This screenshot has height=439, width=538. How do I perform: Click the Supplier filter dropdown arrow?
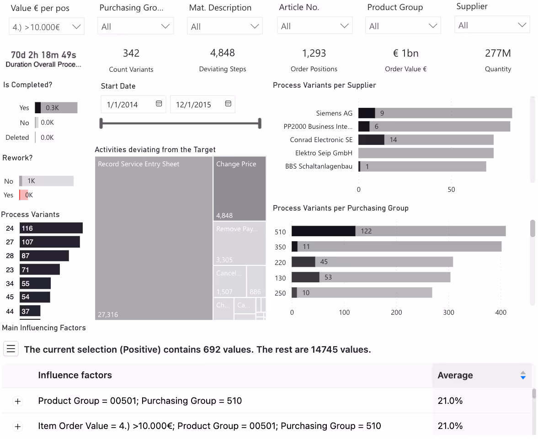coord(522,25)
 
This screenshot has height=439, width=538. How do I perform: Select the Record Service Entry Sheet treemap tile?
coord(154,238)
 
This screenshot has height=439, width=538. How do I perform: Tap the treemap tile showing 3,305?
coord(240,243)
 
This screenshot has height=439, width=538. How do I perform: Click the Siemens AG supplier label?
coord(335,113)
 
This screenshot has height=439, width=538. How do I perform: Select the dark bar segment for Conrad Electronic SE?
coord(371,140)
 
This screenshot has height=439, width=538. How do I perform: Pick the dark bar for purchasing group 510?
coord(323,231)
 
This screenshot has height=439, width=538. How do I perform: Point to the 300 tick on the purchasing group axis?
coord(449,312)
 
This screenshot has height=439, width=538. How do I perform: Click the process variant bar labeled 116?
coord(51,228)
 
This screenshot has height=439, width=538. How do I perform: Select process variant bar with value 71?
coord(39,270)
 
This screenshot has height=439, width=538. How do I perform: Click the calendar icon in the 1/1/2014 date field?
coord(159,104)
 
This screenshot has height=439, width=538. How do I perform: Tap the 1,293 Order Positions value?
coord(314,53)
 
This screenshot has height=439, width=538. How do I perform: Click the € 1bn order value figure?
coord(405,53)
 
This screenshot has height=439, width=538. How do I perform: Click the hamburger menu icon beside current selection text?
coord(11,349)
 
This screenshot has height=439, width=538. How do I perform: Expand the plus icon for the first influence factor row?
coord(18,401)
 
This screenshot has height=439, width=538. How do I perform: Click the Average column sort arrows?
coord(523,376)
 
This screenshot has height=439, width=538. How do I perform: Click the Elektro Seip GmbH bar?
coord(425,153)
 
